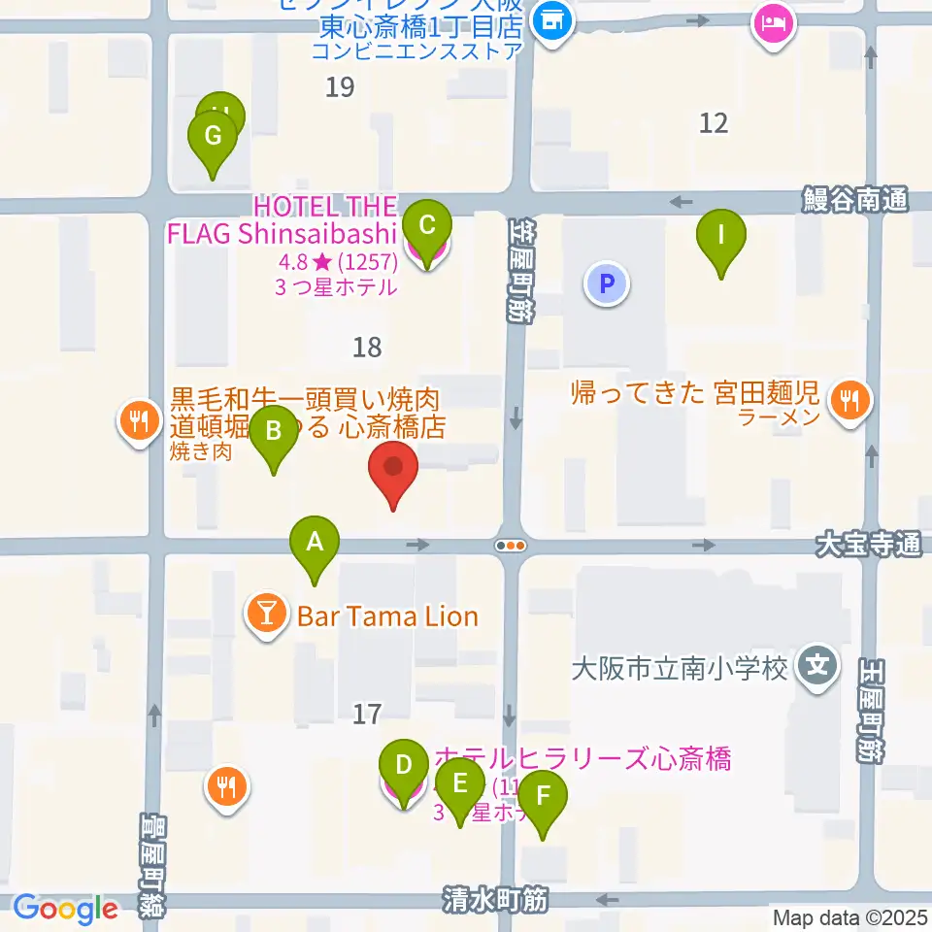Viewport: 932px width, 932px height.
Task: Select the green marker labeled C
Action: click(x=426, y=227)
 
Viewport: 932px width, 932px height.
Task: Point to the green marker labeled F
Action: click(x=543, y=797)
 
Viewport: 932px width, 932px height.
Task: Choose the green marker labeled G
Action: click(x=213, y=137)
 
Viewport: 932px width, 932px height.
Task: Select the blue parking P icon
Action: click(x=607, y=284)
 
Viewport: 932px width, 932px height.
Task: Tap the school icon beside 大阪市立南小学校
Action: click(x=817, y=669)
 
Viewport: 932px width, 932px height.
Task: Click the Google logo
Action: click(x=65, y=909)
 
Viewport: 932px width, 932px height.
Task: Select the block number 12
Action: click(x=714, y=122)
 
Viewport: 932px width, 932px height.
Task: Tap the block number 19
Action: click(x=340, y=87)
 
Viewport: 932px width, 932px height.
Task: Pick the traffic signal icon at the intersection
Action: click(x=511, y=546)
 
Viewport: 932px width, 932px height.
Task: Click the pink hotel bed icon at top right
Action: click(x=773, y=22)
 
